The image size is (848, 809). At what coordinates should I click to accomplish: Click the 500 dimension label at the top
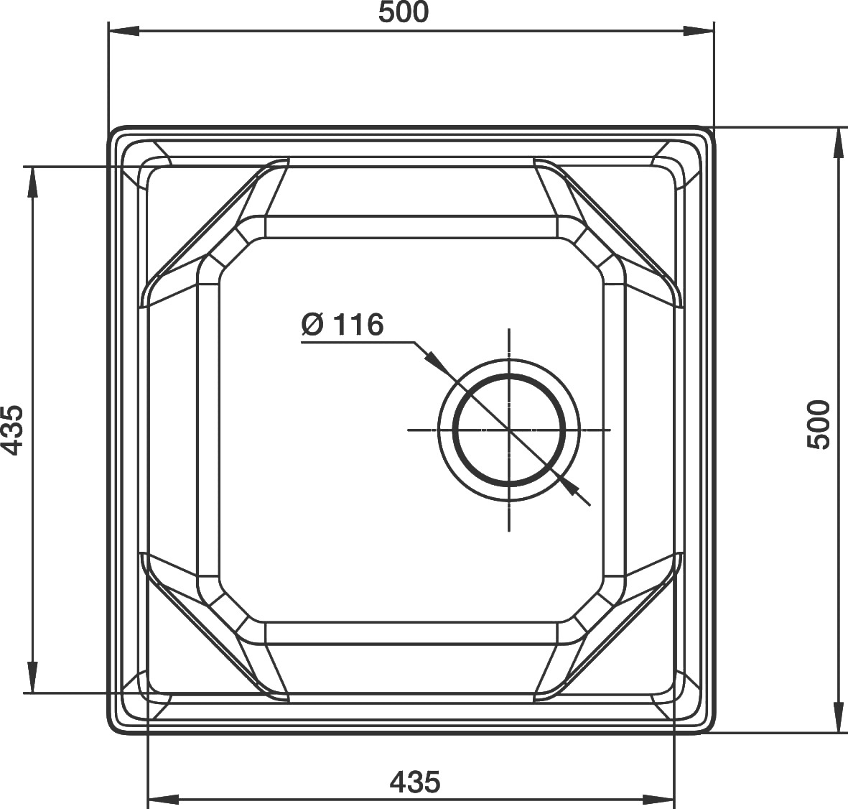(403, 12)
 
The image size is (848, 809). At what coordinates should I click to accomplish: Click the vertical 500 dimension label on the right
(818, 424)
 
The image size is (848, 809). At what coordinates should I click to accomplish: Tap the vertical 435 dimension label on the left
(12, 430)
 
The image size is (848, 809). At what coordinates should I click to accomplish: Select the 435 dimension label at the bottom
(415, 782)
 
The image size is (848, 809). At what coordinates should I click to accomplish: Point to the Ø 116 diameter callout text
(343, 325)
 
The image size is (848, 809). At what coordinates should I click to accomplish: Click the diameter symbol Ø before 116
(312, 325)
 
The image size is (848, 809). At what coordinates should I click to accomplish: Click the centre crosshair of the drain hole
(509, 430)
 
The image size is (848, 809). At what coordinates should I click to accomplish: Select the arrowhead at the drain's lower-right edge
(566, 483)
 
